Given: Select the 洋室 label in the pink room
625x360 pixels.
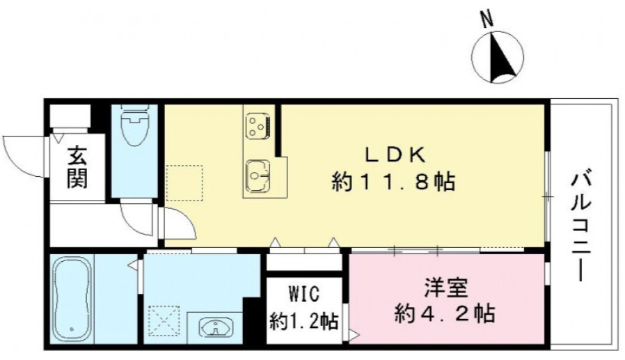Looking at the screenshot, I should [446, 287].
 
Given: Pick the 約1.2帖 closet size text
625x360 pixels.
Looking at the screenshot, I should [305, 321].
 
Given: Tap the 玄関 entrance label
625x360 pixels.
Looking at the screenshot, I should [77, 169].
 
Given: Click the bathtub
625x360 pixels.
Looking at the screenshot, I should [72, 300].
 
